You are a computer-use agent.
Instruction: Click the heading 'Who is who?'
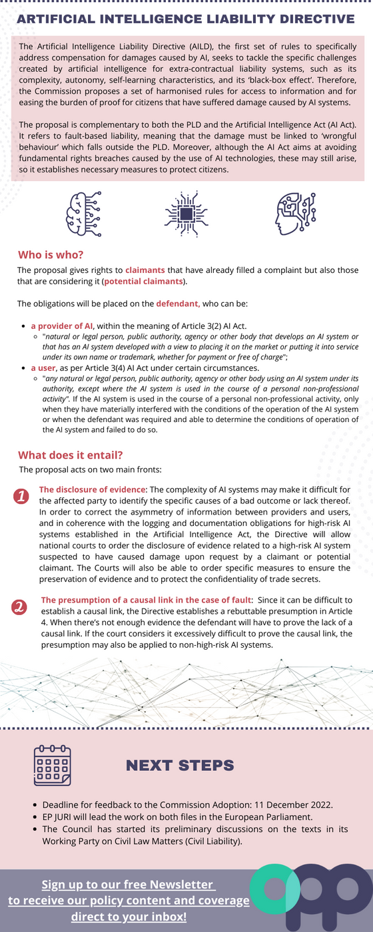(51, 254)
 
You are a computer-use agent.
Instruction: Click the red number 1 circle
(21, 497)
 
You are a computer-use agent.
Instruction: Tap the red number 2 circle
(20, 607)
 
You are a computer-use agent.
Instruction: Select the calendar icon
(53, 766)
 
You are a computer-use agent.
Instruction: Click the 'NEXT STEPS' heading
(180, 766)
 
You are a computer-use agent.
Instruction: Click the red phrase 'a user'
(43, 367)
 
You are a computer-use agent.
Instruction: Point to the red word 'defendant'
(177, 304)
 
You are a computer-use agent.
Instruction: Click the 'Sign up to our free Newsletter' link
(129, 885)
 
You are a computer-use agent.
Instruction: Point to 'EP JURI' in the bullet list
(61, 816)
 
